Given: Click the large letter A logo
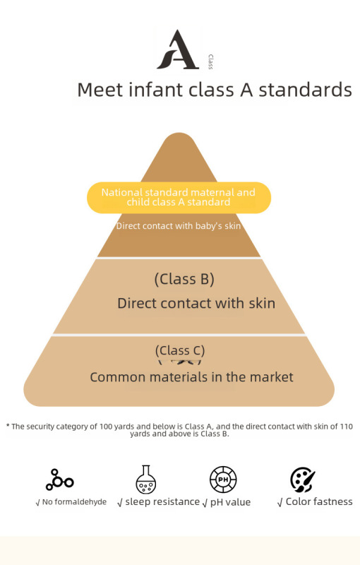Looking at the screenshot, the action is point(178,49).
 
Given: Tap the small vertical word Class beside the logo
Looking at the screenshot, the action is point(210,61).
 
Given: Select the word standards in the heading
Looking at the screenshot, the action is point(305,90).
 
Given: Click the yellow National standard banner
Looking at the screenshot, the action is point(179,198).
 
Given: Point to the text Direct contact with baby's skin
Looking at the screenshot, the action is point(178,226).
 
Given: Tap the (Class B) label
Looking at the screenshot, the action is point(184,279).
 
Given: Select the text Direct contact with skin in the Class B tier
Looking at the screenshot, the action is point(196,304).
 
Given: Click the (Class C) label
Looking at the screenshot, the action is point(180,350).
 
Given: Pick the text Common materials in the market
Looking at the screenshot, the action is point(191,377).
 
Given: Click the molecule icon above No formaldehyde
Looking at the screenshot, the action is point(59,480).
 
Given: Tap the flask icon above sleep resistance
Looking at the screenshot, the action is point(146,480).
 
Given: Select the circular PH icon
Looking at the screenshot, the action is point(223,480).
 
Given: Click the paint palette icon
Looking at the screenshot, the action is point(302,480).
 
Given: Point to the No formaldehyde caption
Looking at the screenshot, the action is point(71,502).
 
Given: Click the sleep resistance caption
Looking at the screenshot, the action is point(159,501).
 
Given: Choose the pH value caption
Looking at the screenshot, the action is point(227,502).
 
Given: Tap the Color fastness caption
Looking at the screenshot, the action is point(315,501).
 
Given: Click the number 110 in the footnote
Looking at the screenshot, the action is point(347,427).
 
